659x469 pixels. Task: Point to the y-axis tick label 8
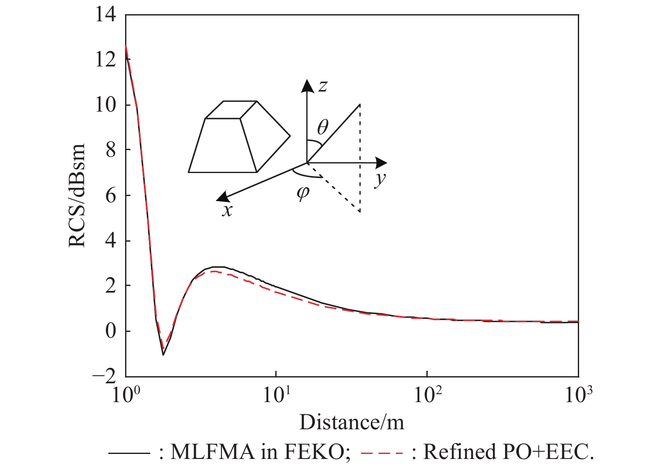click(110, 150)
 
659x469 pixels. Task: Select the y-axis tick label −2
click(105, 377)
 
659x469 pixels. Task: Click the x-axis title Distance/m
click(351, 423)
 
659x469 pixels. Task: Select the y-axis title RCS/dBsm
click(77, 196)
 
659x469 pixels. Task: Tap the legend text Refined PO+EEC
click(508, 452)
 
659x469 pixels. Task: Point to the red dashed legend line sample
click(382, 453)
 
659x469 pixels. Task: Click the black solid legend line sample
click(129, 453)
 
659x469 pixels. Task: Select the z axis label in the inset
click(323, 86)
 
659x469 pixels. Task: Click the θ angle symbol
click(323, 127)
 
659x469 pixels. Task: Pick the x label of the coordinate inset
click(227, 210)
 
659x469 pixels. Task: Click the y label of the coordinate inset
click(380, 179)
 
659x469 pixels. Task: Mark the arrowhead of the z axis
click(308, 85)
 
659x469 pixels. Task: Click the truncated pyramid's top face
click(231, 110)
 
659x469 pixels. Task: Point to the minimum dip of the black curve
click(163, 355)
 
